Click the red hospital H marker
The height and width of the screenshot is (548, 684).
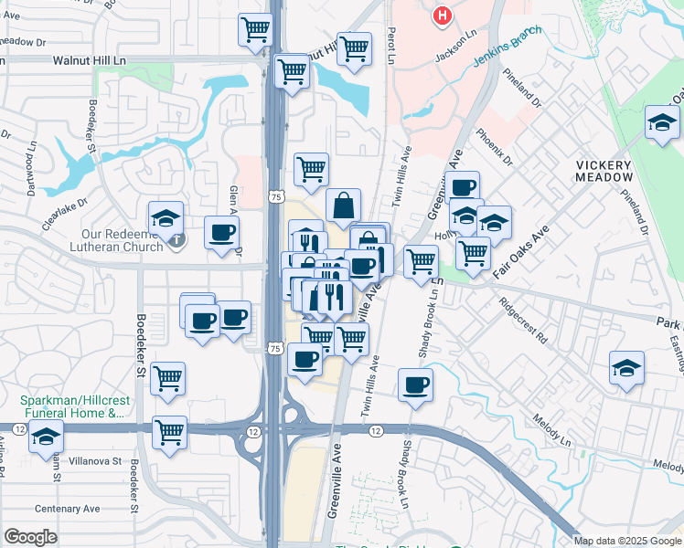pyautogui.click(x=443, y=16)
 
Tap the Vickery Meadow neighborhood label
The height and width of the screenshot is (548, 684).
pyautogui.click(x=604, y=171)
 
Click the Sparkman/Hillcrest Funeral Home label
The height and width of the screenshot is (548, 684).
pyautogui.click(x=71, y=407)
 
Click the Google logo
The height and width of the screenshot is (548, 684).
pyautogui.click(x=31, y=536)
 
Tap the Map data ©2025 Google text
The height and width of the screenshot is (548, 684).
pyautogui.click(x=626, y=540)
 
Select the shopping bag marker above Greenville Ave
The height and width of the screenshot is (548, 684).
pyautogui.click(x=343, y=206)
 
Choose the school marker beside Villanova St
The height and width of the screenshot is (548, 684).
pyautogui.click(x=45, y=438)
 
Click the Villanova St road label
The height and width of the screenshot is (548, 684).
pyautogui.click(x=96, y=462)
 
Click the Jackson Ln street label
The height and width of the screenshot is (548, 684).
pyautogui.click(x=456, y=47)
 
